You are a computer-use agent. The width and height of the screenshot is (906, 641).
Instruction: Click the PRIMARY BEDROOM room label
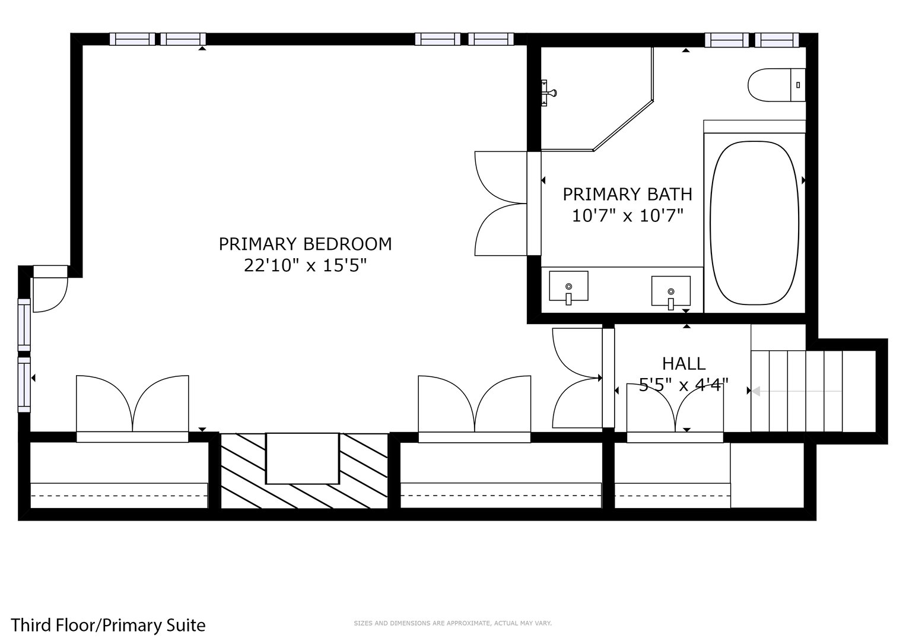coord(305,244)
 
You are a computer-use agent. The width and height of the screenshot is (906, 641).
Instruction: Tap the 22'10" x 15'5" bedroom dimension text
coord(305,265)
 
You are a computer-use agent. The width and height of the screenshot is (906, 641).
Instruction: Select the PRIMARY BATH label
coord(627,194)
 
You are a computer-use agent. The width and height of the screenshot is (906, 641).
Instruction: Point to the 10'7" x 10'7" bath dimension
coord(627,215)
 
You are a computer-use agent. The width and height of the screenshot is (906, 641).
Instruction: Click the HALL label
coord(684,363)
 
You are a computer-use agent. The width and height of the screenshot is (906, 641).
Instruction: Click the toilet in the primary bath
coord(775,85)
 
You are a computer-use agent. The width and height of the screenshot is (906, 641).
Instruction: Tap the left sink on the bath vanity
coord(568,287)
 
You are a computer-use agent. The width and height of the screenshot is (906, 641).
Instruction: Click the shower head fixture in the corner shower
coord(548,93)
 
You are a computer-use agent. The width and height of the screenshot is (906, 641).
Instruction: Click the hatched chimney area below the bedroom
coord(304,471)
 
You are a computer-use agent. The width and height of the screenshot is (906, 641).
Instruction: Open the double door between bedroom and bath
coord(501,204)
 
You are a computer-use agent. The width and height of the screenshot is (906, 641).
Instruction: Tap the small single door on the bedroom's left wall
coord(49,290)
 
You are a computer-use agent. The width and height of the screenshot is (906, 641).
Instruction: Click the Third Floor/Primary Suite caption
coord(109,625)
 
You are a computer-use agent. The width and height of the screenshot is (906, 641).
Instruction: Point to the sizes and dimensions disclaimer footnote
coord(453,623)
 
